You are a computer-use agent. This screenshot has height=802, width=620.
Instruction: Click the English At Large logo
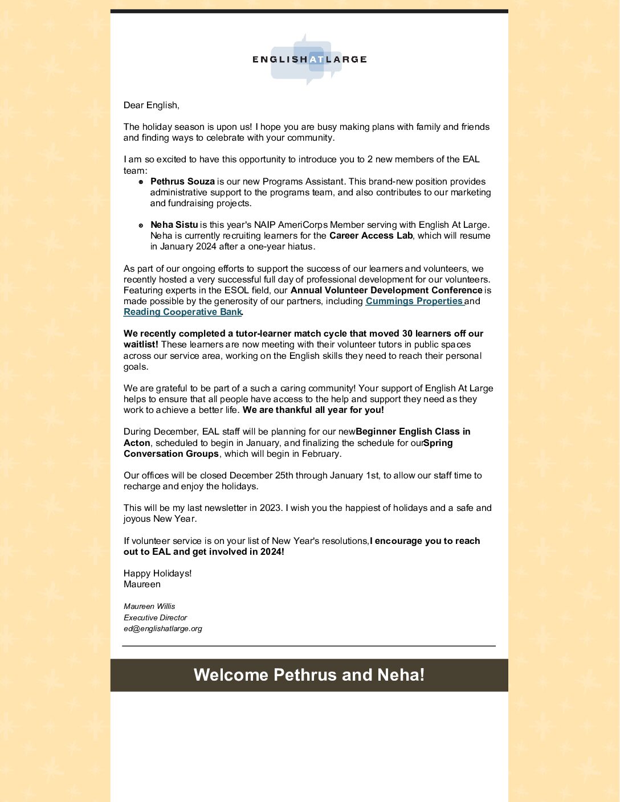click(x=309, y=59)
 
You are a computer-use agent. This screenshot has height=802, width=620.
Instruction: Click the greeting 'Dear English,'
click(x=152, y=105)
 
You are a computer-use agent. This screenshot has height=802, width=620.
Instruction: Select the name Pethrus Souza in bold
click(x=182, y=182)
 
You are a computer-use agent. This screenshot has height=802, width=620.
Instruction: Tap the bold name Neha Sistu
click(x=174, y=225)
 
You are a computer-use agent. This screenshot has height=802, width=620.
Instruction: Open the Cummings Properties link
click(x=414, y=301)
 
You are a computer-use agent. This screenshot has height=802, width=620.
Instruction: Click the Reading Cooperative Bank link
click(x=183, y=312)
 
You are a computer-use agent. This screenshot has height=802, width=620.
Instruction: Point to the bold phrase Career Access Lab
click(x=370, y=236)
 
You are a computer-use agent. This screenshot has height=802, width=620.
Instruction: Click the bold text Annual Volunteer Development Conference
click(x=386, y=290)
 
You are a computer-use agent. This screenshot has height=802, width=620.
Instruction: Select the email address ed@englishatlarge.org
click(x=163, y=629)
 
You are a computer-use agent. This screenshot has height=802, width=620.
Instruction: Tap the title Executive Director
click(x=155, y=617)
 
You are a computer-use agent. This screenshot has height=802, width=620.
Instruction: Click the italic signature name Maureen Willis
click(x=149, y=607)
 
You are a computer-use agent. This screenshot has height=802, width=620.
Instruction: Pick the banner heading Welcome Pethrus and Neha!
click(x=309, y=675)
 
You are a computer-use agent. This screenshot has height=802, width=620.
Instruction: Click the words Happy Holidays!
click(x=158, y=574)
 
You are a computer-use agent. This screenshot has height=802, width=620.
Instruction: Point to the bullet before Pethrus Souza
click(x=141, y=182)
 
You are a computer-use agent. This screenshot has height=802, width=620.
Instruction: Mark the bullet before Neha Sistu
click(x=141, y=226)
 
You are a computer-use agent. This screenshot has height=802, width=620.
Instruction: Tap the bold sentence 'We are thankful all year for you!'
click(x=313, y=410)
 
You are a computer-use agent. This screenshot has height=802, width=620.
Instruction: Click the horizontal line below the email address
click(x=309, y=646)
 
